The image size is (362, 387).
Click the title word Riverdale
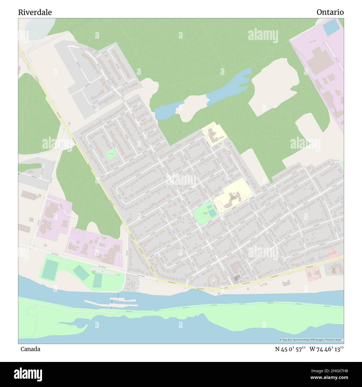tap(35, 13)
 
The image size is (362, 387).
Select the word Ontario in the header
tap(330, 12)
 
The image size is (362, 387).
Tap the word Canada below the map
tap(30, 349)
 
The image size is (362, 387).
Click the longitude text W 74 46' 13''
tap(326, 349)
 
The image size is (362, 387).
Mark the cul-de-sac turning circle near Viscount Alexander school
tap(228, 177)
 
